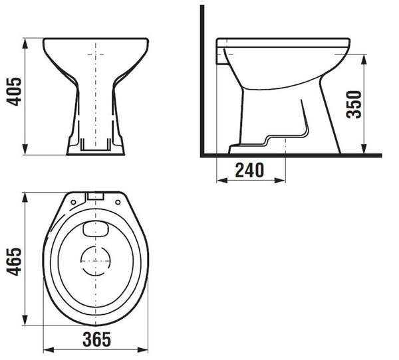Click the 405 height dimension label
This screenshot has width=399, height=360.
point(14,92)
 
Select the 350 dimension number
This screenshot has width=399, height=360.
point(354,104)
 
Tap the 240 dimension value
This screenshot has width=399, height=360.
point(249,170)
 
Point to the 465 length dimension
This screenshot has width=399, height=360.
point(14,262)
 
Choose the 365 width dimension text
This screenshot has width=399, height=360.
point(97,339)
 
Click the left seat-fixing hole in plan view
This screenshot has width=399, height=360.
point(73,203)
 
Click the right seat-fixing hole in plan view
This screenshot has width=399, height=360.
point(118,202)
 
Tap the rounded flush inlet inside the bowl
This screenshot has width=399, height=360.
point(96,229)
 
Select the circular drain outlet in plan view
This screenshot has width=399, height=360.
point(96,261)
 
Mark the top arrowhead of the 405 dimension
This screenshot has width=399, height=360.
point(25,43)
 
